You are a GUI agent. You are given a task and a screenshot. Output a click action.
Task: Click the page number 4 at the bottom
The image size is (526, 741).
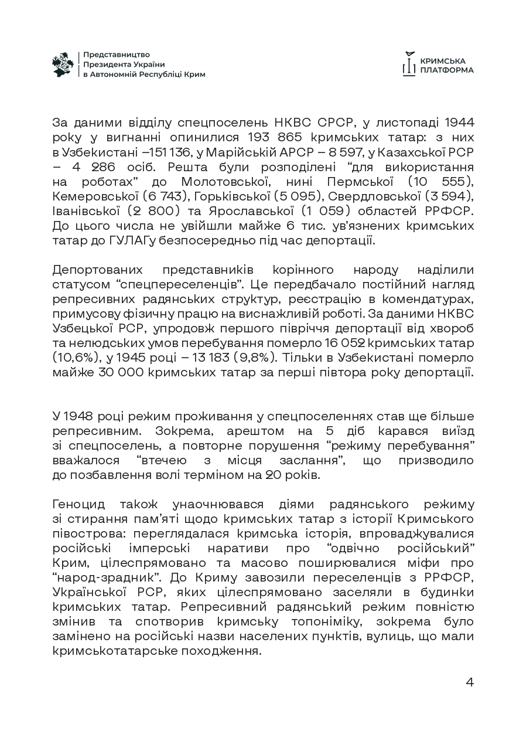coord(469,682)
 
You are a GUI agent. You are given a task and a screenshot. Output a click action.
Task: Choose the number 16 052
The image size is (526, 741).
coord(340,342)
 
